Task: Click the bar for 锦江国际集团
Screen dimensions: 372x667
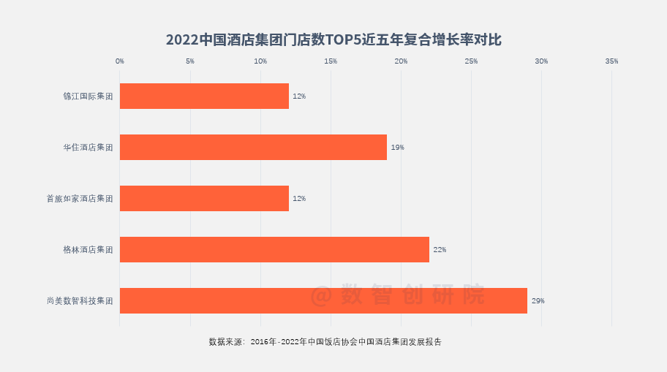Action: point(204,96)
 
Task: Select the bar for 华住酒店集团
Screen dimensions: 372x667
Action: point(253,147)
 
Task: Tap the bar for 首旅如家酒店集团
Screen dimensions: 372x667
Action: point(204,198)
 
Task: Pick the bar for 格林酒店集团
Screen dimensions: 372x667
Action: point(274,249)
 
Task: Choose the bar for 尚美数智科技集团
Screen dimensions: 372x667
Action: point(323,300)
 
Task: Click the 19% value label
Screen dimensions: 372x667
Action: point(397,148)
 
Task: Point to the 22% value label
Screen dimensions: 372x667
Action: point(440,250)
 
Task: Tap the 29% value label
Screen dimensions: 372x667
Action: point(538,301)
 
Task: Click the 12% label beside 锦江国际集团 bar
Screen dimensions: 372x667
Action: point(299,96)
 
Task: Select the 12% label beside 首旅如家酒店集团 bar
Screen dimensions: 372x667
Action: point(299,199)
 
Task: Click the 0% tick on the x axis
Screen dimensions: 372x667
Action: point(120,61)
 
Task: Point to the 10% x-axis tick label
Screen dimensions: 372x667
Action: point(260,61)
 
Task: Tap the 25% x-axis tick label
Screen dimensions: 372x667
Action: point(471,61)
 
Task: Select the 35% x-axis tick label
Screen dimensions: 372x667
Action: point(611,61)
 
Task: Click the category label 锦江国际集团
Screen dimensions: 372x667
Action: point(88,96)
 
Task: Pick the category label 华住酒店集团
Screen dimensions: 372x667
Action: point(88,148)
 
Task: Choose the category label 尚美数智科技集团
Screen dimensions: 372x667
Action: point(80,301)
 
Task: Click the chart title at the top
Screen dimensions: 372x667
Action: point(333,39)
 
